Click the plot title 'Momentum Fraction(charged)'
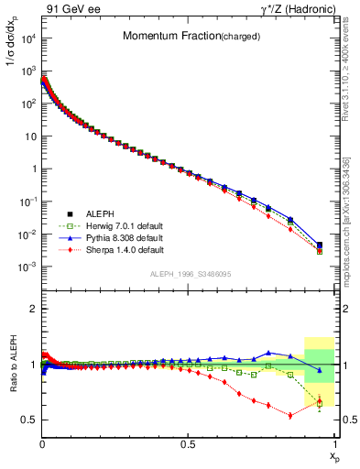point(184,37)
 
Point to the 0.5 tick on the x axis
point(189,443)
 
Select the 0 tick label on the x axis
point(42,443)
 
